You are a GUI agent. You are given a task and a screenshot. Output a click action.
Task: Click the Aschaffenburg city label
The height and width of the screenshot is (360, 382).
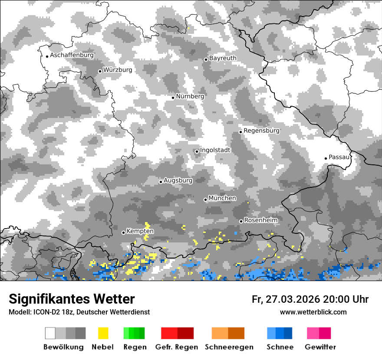[x=72, y=55]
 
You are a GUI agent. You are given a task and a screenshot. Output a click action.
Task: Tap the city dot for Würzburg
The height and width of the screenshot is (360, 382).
[x=100, y=71]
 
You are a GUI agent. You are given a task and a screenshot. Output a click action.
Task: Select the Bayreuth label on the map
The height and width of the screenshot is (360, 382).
[x=223, y=58]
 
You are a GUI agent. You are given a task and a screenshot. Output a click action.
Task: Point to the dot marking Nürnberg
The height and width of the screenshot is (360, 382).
[x=173, y=98]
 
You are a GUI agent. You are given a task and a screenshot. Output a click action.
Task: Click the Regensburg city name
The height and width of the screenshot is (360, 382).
[x=261, y=131]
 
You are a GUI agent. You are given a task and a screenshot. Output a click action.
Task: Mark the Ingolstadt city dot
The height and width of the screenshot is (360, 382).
[x=197, y=151]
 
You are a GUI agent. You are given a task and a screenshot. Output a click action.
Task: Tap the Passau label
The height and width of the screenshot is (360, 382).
[x=339, y=157]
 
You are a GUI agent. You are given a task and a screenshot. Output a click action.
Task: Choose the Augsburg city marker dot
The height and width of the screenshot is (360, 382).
[x=161, y=182]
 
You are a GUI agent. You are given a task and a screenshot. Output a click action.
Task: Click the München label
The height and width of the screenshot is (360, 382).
[x=222, y=198]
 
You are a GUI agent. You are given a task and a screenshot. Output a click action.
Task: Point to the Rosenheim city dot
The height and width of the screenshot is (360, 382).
[x=241, y=221]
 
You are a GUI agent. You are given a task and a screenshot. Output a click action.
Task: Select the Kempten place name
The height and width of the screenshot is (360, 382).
[x=140, y=231]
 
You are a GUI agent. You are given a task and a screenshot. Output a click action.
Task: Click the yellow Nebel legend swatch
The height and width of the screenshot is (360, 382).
[x=103, y=333]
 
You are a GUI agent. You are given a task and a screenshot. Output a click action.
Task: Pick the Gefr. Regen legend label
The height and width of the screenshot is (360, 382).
[x=177, y=347]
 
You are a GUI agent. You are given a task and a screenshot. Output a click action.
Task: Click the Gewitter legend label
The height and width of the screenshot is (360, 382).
[x=320, y=347]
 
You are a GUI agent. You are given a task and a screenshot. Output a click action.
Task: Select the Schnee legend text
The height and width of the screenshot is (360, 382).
[x=280, y=347]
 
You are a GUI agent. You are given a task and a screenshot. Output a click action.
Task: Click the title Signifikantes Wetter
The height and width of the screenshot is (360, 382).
[x=72, y=299]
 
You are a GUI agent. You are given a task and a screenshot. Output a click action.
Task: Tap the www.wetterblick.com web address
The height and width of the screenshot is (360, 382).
[x=313, y=312]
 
